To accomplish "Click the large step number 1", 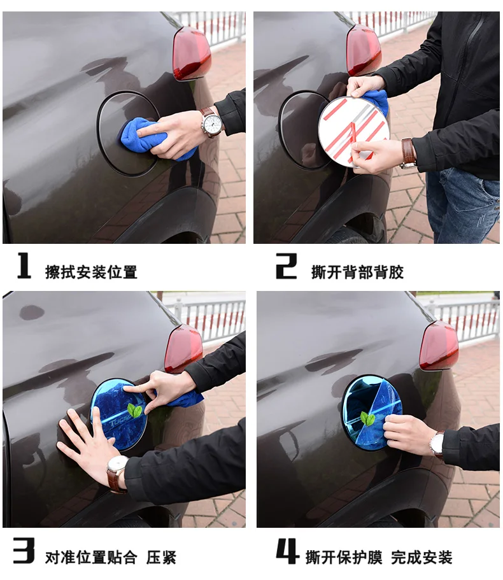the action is tap(24, 265).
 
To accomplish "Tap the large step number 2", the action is tap(287, 265).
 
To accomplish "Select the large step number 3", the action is tap(24, 551).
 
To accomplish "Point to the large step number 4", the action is tap(287, 551).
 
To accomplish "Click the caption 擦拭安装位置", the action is tap(91, 272).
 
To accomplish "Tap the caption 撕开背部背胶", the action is tap(357, 272).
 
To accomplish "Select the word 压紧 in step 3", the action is tap(161, 558).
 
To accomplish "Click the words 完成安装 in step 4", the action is tap(422, 558).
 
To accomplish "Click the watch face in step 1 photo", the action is tap(212, 123).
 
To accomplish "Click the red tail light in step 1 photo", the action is tap(192, 54).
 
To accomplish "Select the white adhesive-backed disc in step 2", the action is tap(354, 132).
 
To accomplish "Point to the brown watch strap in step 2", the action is tap(408, 152).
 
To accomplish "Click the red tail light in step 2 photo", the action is tap(364, 50).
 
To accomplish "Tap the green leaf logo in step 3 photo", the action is tap(134, 411).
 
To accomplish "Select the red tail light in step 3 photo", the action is tap(183, 349).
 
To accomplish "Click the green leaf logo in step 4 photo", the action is tap(367, 418).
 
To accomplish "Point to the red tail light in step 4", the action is tap(439, 346).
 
